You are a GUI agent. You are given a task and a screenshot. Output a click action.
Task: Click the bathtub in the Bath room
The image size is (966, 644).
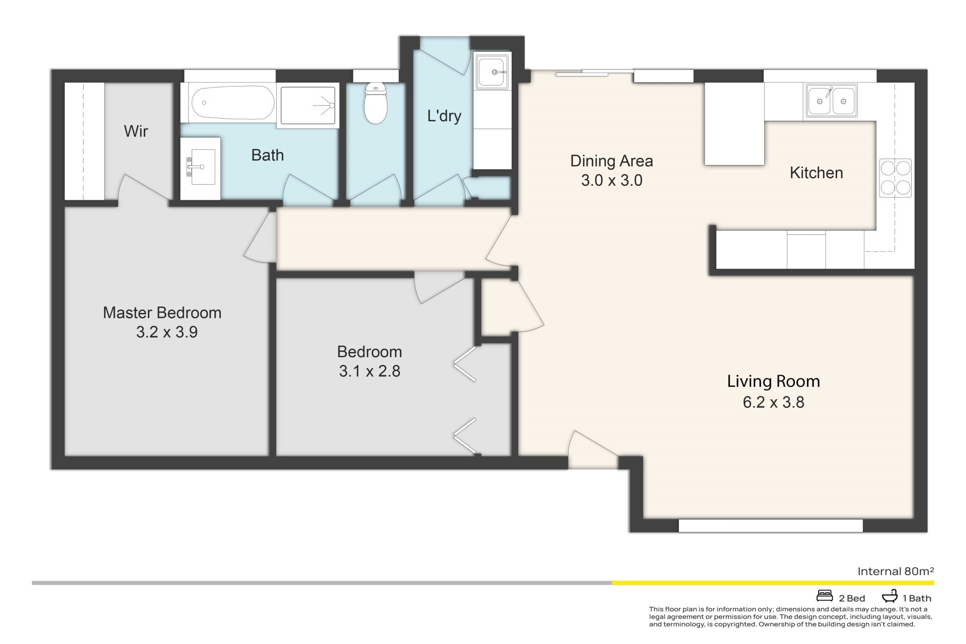click(233, 103)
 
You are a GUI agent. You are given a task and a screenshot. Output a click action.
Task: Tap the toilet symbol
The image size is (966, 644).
click(375, 103)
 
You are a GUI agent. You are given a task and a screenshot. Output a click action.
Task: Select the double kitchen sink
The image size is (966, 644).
click(831, 101)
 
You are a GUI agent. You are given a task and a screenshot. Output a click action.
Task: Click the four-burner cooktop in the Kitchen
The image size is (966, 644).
click(895, 178)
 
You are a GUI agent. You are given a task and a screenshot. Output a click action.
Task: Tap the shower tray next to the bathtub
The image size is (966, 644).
click(307, 105)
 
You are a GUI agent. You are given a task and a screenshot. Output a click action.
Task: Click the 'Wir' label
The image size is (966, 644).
click(136, 131)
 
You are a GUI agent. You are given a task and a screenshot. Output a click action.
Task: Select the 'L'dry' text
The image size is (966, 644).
click(444, 116)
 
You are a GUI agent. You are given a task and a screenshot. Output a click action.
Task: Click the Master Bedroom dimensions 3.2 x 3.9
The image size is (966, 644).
click(167, 332)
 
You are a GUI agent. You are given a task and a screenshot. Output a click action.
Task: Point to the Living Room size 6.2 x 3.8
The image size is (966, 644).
click(773, 402)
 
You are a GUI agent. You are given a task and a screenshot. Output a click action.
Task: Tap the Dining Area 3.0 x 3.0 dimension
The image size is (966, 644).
click(612, 180)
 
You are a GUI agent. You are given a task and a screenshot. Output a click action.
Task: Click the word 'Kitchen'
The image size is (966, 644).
click(816, 173)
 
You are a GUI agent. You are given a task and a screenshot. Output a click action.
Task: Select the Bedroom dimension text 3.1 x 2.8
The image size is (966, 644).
click(369, 371)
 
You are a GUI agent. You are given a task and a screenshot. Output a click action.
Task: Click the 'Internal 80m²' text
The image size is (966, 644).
click(896, 571)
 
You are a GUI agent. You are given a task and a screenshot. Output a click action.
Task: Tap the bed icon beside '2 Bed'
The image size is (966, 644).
click(825, 596)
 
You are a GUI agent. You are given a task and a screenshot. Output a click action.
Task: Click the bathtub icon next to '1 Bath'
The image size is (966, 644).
click(890, 596)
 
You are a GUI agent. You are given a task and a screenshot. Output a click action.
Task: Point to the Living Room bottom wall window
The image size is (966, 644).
click(770, 526)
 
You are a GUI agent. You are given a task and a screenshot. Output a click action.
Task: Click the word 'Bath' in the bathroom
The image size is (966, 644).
click(267, 155)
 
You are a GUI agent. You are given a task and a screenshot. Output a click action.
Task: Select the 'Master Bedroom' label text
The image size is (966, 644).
click(162, 312)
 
